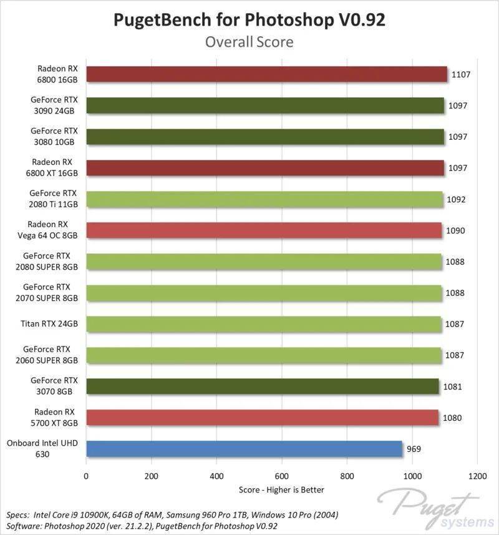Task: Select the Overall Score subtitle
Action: coord(249,42)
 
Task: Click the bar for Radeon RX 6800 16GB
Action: coord(266,74)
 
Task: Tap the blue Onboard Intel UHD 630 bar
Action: coord(245,449)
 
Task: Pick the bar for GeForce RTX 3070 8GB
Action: coord(263,386)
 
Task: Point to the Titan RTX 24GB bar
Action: coord(263,324)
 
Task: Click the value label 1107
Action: coord(460,74)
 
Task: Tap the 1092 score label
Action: coord(456,199)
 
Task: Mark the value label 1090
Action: coord(455,230)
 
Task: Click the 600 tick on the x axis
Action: coord(282,475)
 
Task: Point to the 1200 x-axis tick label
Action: coord(477,475)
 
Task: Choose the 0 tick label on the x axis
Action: coord(87,475)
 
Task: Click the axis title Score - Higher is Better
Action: coord(281,490)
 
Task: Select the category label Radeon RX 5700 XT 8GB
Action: coord(55,417)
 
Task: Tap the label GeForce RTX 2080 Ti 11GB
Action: coord(54,199)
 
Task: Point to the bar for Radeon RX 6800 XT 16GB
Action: coord(265,168)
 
